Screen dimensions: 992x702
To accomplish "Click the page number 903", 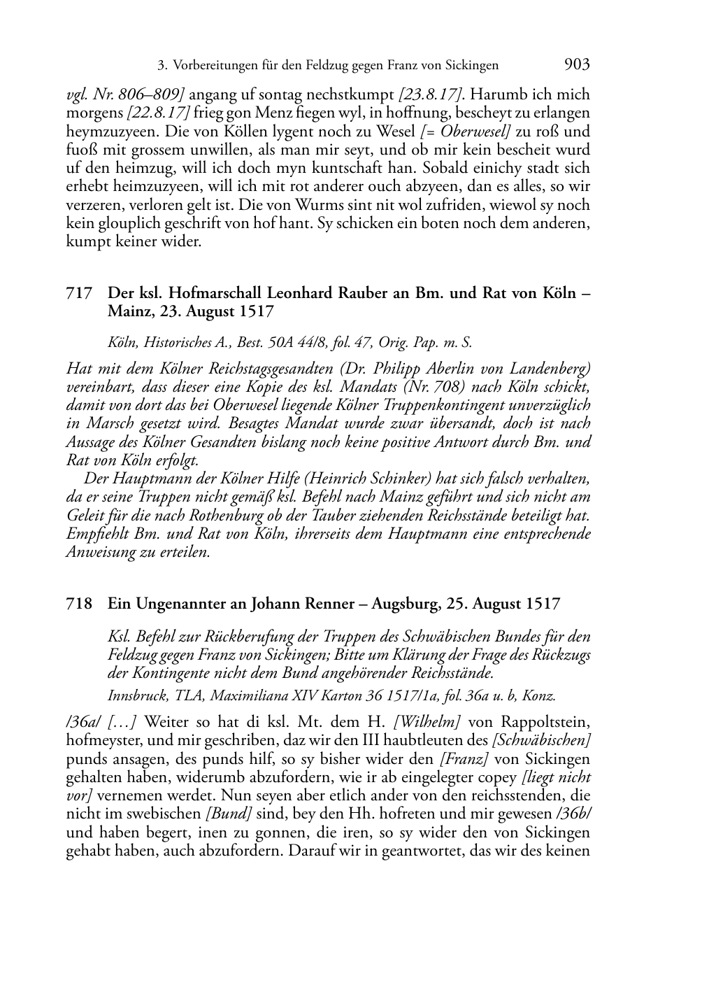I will click(x=577, y=65).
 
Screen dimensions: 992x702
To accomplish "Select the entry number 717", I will click(x=79, y=293).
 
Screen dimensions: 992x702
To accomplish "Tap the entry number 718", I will click(x=79, y=603).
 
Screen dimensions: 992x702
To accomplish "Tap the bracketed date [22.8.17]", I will click(x=159, y=113).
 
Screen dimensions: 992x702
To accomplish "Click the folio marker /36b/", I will click(x=573, y=814).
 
